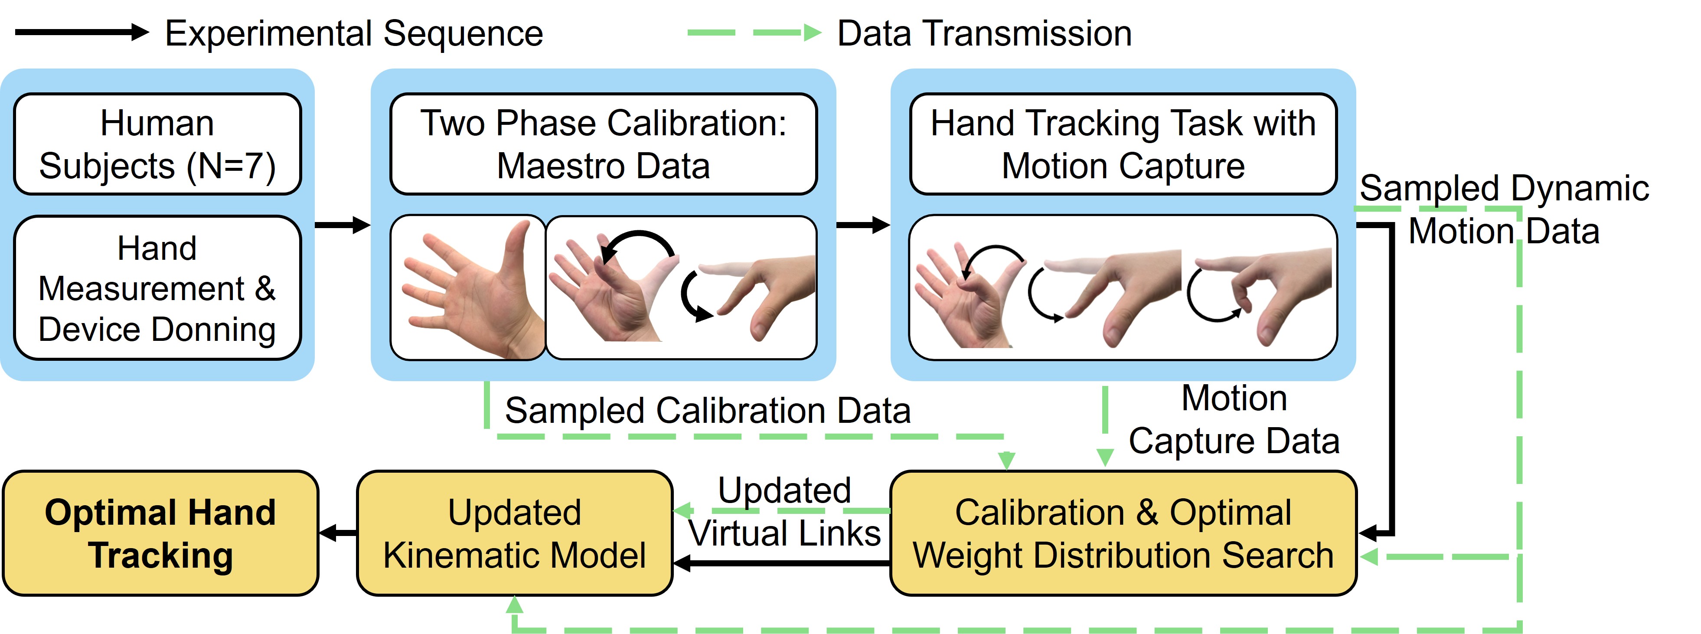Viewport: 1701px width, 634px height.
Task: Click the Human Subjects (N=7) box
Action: [157, 144]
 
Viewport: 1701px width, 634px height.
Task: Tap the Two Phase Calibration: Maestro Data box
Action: [603, 144]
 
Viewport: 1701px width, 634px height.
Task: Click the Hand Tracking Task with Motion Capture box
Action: [1123, 144]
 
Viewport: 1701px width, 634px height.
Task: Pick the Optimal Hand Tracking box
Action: [160, 533]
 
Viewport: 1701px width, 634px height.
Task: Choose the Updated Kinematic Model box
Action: [514, 533]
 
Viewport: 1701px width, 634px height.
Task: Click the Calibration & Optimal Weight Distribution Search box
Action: [1123, 533]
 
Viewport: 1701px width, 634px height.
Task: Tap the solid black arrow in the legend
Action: [81, 32]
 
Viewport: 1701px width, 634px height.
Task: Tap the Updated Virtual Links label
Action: [784, 512]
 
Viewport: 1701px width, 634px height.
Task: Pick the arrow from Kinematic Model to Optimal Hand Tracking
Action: [337, 533]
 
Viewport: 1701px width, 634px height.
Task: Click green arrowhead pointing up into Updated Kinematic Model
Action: [514, 604]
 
